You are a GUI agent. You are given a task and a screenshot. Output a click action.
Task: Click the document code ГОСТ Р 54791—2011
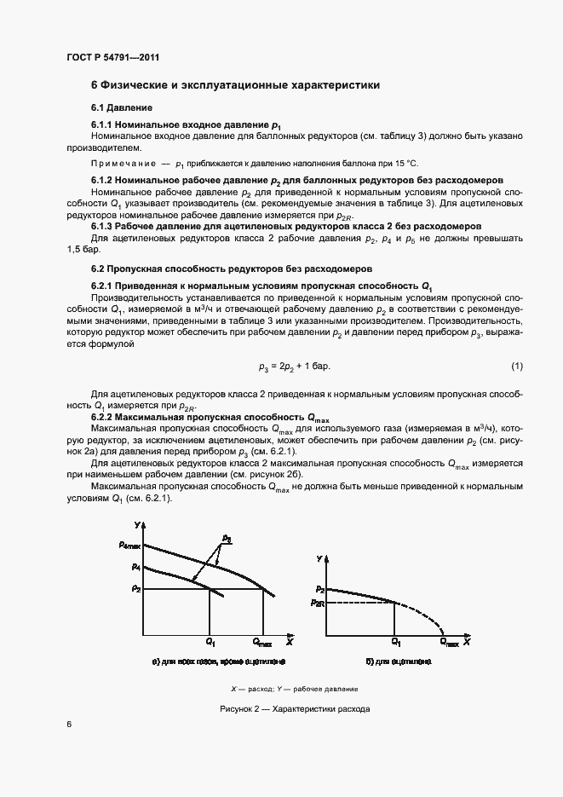pyautogui.click(x=112, y=57)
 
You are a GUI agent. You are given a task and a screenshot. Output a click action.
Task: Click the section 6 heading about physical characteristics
pyautogui.click(x=235, y=85)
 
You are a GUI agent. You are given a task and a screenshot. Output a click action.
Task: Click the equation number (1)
pyautogui.click(x=516, y=366)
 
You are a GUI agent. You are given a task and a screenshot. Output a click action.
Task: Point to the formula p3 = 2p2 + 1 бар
pyautogui.click(x=294, y=366)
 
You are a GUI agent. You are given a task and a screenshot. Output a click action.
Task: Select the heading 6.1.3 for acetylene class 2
pyautogui.click(x=286, y=226)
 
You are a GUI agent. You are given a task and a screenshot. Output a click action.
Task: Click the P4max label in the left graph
pyautogui.click(x=129, y=545)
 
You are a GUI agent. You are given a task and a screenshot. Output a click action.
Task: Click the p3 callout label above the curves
pyautogui.click(x=227, y=538)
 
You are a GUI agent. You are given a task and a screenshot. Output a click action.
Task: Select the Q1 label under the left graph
pyautogui.click(x=210, y=640)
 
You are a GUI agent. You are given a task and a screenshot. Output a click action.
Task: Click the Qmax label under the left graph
pyautogui.click(x=263, y=640)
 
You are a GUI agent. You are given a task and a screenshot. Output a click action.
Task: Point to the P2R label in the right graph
pyautogui.click(x=318, y=603)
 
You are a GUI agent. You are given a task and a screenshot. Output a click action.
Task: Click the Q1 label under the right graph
pyautogui.click(x=396, y=640)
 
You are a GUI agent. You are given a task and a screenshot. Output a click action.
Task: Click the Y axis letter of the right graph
pyautogui.click(x=319, y=557)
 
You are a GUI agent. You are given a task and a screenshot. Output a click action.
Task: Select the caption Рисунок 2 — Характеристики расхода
pyautogui.click(x=294, y=709)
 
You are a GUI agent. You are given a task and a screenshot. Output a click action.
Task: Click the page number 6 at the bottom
pyautogui.click(x=69, y=724)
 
